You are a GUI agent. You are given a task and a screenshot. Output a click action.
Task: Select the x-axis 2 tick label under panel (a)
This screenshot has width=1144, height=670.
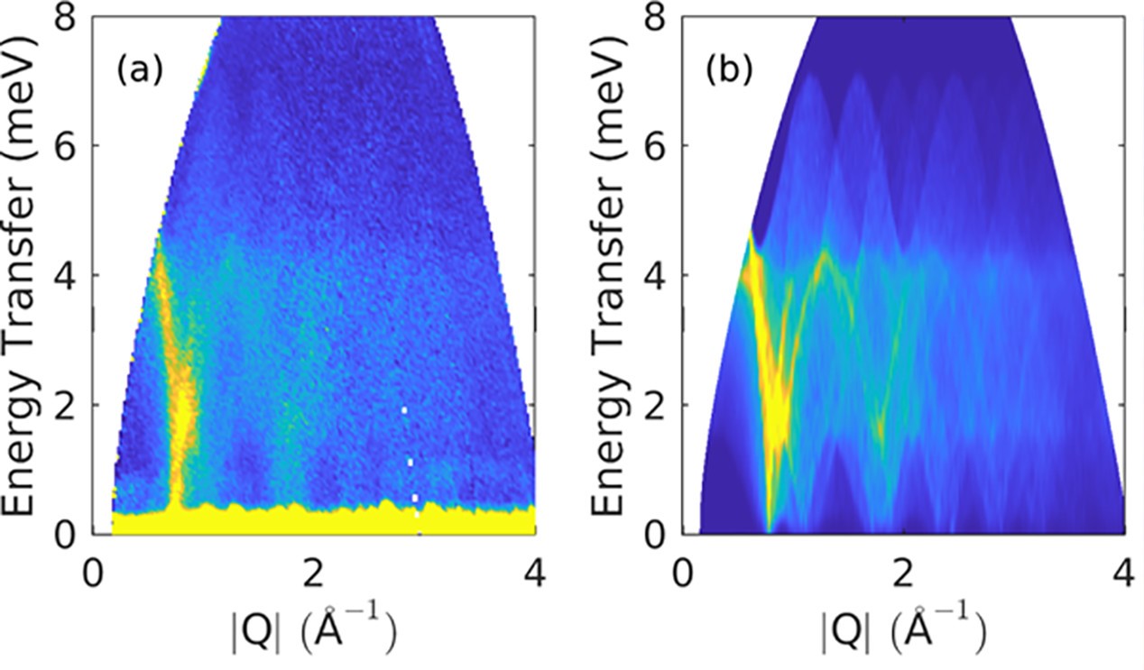click(x=313, y=574)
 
